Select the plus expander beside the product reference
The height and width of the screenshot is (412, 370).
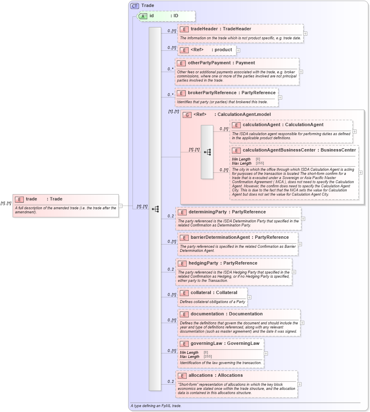tap(238, 50)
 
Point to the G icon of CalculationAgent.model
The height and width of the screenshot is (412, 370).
tap(187, 115)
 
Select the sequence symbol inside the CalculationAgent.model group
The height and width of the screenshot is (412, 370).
tap(207, 152)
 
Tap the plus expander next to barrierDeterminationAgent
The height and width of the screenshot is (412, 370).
tap(300, 244)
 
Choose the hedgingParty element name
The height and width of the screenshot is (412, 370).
tap(204, 263)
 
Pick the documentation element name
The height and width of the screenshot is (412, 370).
tap(207, 314)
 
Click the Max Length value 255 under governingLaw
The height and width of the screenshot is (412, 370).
tap(208, 357)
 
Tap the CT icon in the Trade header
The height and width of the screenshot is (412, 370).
tap(135, 6)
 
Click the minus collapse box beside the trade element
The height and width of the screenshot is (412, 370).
tap(121, 206)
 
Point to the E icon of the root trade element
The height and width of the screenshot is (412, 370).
tap(19, 199)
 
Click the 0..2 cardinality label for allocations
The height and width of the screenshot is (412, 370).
tap(171, 382)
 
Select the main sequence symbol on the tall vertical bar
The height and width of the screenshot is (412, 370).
tap(155, 209)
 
